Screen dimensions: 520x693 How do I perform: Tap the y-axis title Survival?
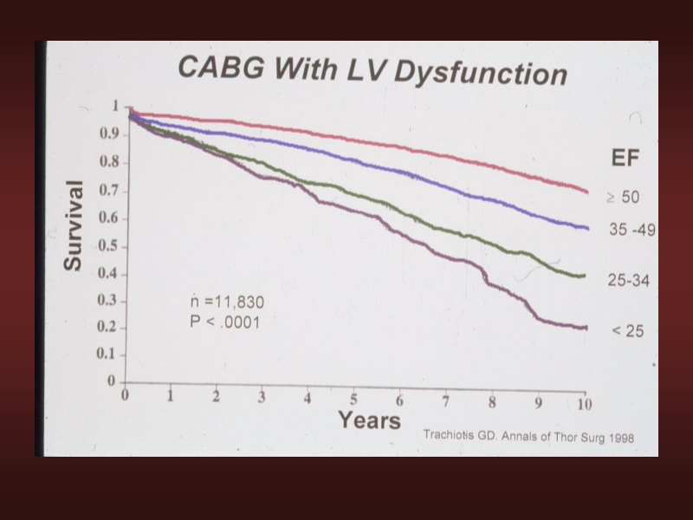click(x=74, y=225)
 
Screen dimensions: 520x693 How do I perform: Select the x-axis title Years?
click(x=369, y=421)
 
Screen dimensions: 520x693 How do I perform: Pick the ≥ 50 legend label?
click(x=623, y=198)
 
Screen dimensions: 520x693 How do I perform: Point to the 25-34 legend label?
click(x=629, y=281)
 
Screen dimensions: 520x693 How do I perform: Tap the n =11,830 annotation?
click(x=227, y=302)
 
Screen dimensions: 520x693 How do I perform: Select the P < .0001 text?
click(x=226, y=322)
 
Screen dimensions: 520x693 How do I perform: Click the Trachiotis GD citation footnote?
click(x=528, y=438)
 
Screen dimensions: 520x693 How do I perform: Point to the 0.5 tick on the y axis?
click(x=109, y=246)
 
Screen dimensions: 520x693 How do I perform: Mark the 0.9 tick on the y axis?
click(x=109, y=134)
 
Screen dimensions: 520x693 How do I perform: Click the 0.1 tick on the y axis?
click(x=109, y=354)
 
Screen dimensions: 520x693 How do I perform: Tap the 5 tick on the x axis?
click(x=353, y=400)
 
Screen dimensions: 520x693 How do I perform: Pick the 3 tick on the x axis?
click(x=262, y=398)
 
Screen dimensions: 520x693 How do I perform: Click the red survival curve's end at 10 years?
click(x=586, y=192)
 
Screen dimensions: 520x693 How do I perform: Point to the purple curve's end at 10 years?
click(x=586, y=328)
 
